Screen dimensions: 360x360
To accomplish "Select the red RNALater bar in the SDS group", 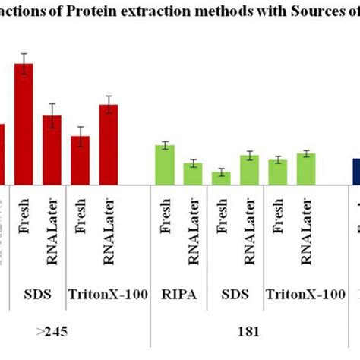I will pyautogui.click(x=52, y=150).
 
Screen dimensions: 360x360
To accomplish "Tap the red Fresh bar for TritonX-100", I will pyautogui.click(x=81, y=160).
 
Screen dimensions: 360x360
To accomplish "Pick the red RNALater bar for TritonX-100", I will pyautogui.click(x=109, y=144).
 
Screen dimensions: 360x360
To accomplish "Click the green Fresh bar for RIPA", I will pyautogui.click(x=165, y=164).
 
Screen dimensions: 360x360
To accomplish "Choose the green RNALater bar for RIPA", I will pyautogui.click(x=193, y=173).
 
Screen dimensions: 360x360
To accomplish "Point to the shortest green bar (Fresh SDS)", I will pyautogui.click(x=221, y=178).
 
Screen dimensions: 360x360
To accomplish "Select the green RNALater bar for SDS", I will pyautogui.click(x=249, y=169).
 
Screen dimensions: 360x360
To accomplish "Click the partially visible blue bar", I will pyautogui.click(x=355, y=171).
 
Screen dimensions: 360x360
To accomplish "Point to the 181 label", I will pyautogui.click(x=250, y=330).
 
